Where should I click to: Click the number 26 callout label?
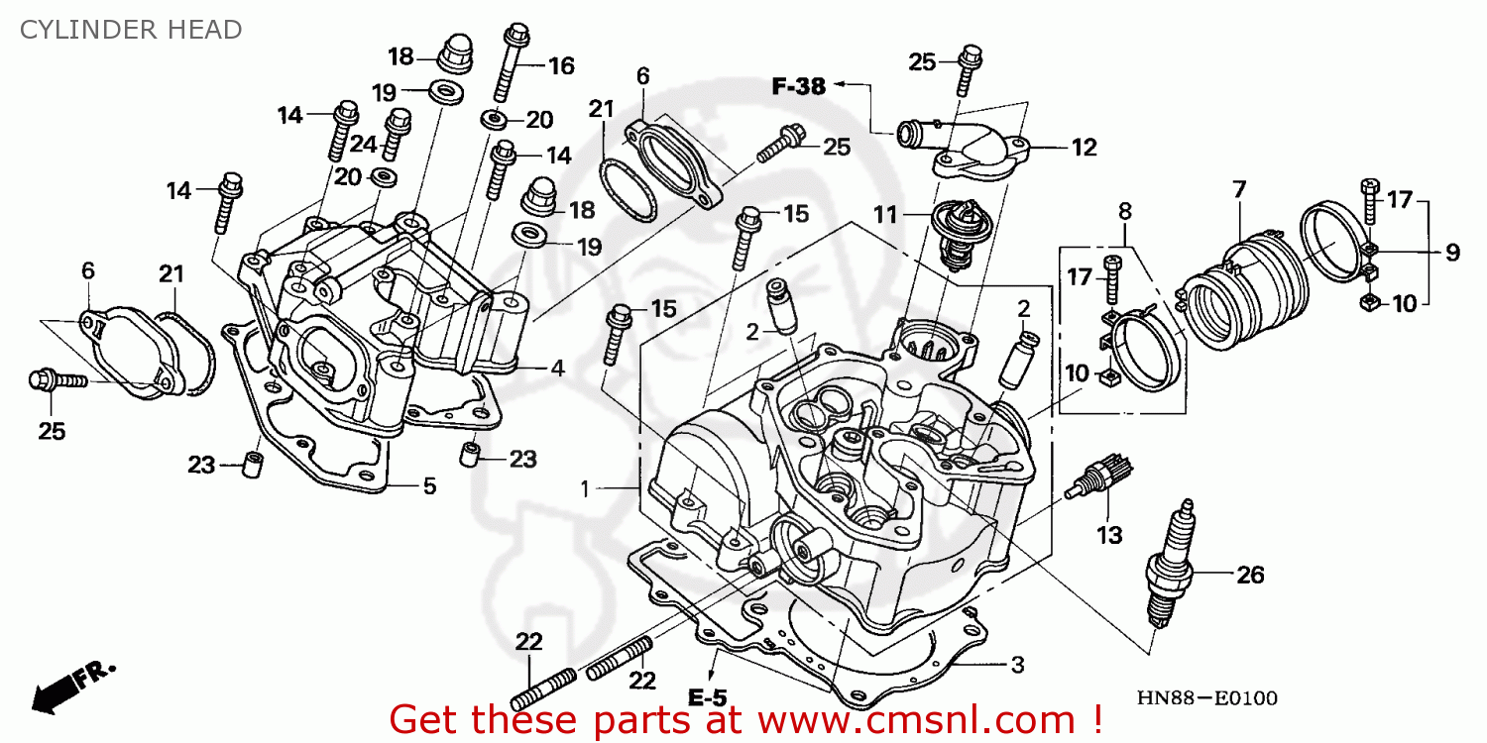[1250, 574]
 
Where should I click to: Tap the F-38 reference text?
[798, 87]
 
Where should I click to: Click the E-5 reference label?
[708, 698]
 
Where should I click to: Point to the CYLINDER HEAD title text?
[132, 30]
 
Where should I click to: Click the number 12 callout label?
[1084, 148]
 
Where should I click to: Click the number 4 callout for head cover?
[557, 369]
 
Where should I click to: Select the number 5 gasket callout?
[428, 486]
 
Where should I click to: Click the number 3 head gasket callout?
[1018, 663]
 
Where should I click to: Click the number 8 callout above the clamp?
[1124, 211]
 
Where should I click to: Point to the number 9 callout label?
[1451, 253]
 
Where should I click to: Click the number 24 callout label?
[363, 145]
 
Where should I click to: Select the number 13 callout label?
[1109, 536]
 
